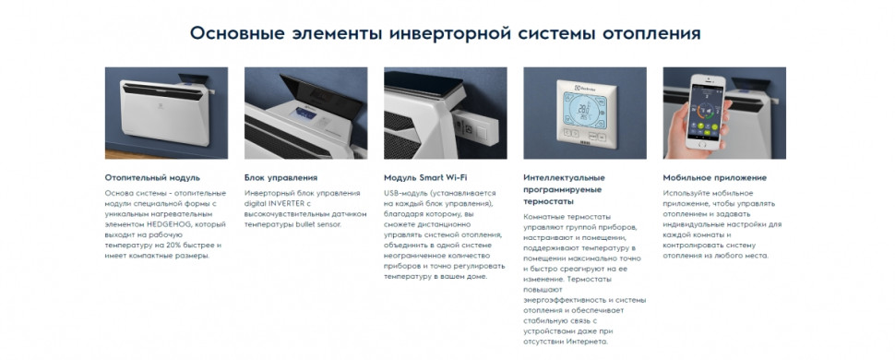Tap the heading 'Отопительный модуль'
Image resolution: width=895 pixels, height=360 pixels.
tap(152, 177)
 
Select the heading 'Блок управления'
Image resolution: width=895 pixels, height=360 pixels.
tap(281, 177)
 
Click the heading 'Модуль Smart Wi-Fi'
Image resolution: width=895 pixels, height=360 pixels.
tap(425, 177)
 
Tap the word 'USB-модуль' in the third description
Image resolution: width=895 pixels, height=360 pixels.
tap(405, 192)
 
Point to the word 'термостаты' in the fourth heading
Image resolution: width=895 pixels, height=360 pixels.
tap(548, 200)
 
